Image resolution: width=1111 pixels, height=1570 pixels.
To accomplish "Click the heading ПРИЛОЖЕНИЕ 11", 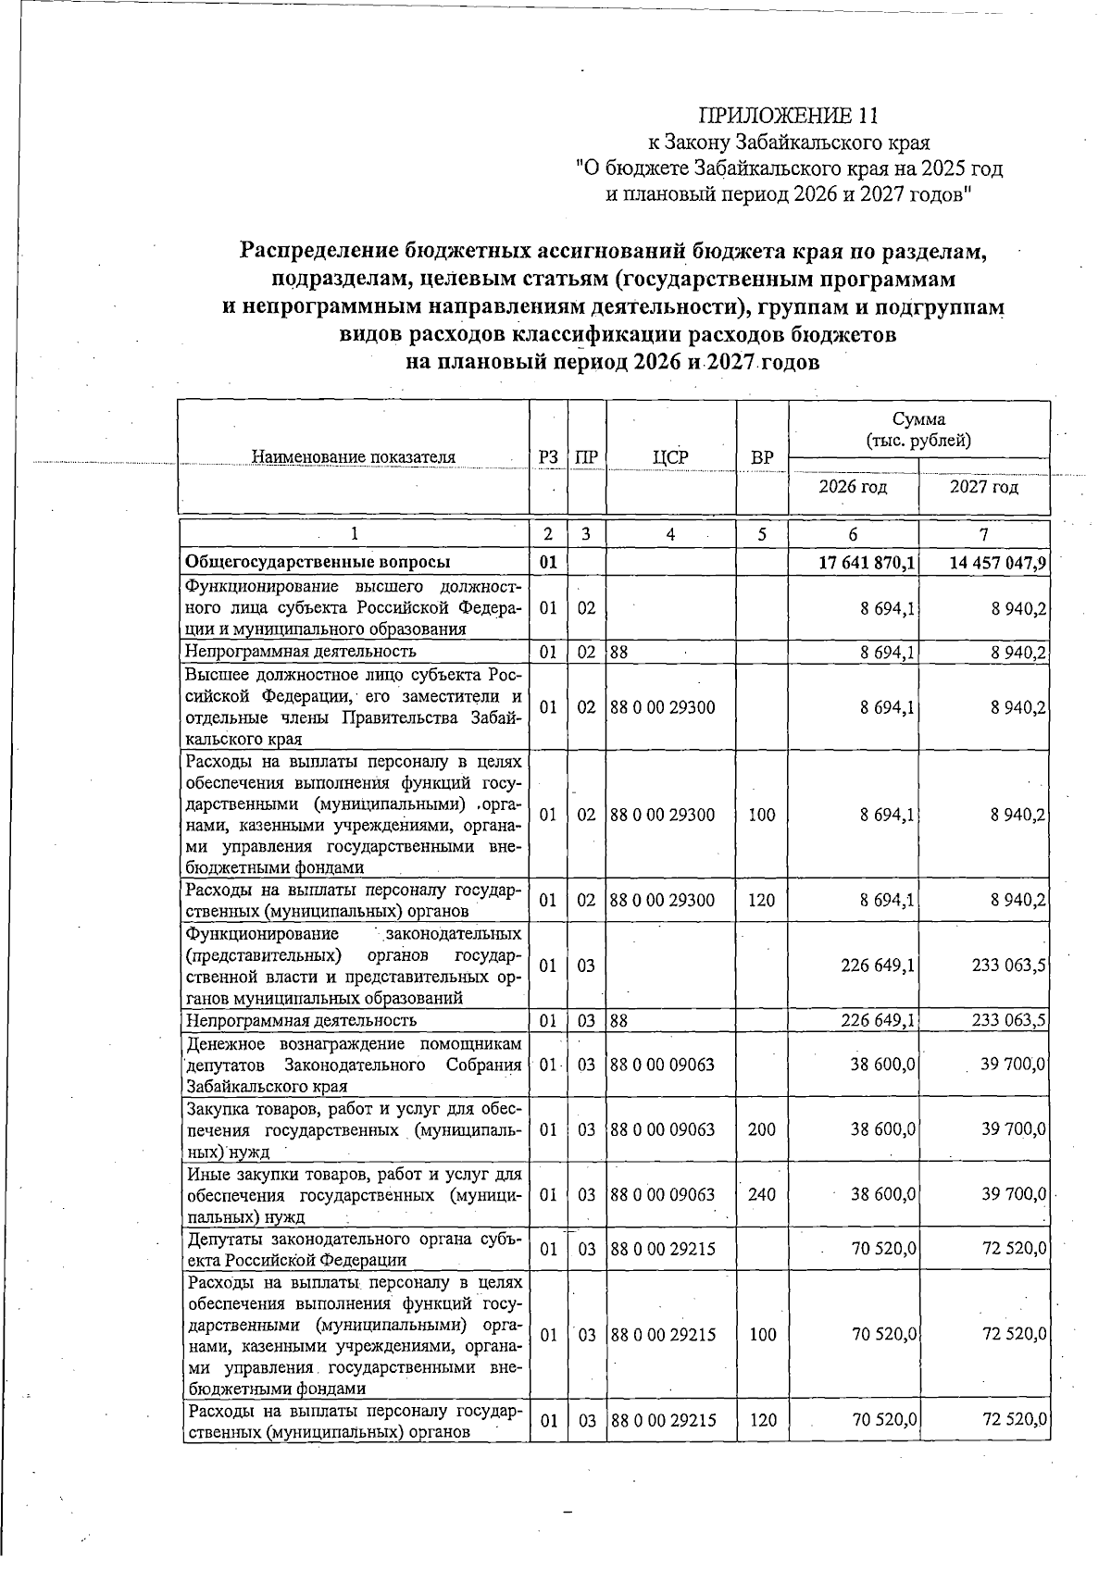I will point(787,116).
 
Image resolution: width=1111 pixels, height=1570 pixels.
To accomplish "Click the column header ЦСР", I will point(671,456).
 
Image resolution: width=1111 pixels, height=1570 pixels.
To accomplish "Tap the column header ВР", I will point(762,457).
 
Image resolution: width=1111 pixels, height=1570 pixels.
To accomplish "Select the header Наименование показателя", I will point(354,456).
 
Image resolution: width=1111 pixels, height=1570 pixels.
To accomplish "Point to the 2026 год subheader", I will point(853,487).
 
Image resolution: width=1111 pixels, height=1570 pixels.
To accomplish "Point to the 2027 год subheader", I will point(984,487).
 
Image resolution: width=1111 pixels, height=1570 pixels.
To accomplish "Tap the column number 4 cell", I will point(670,534).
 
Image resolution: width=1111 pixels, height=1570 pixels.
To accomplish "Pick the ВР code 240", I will point(762,1195).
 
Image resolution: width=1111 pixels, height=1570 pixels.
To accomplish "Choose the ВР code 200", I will point(762,1129).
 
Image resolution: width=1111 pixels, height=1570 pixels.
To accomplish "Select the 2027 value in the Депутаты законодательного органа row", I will point(1014,1249).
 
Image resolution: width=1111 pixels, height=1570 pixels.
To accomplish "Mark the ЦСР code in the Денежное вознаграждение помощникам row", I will point(663,1065).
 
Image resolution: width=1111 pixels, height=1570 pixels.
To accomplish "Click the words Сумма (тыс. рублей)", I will point(918,430).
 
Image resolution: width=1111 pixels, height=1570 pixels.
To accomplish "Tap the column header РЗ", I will point(548,457).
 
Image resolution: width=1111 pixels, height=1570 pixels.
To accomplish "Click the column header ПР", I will point(586,457).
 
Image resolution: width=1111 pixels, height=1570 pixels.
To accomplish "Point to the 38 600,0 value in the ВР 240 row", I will point(882,1195).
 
